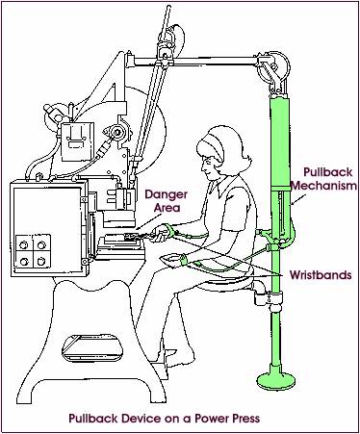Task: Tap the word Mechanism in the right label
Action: coord(323,184)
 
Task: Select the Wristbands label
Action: coord(315,274)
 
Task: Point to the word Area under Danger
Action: coord(160,207)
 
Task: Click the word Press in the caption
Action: coord(240,419)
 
